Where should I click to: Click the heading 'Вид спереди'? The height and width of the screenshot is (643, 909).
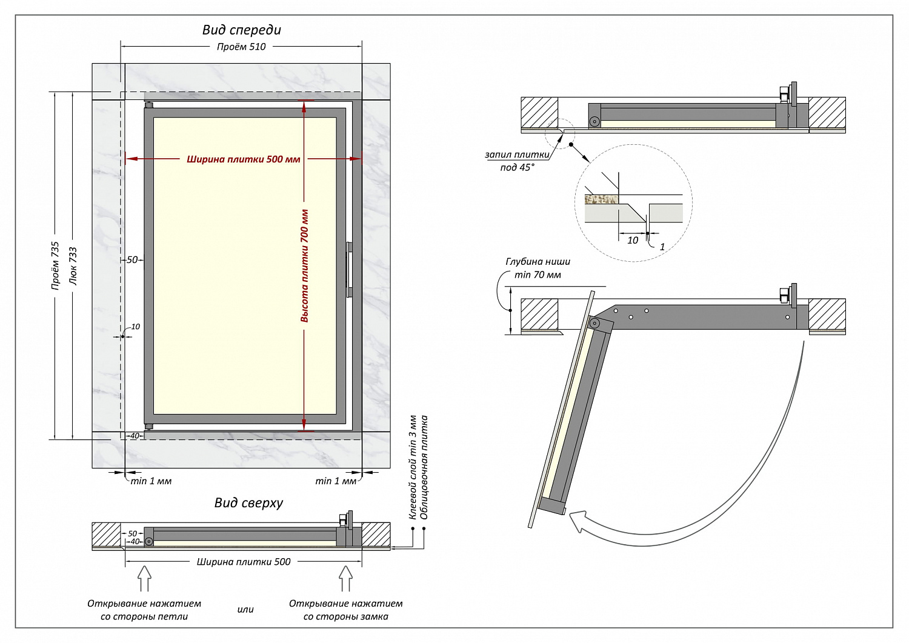tap(241, 30)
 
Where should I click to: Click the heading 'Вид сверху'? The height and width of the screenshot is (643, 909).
tap(248, 502)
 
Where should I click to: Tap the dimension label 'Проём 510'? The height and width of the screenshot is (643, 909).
tap(241, 47)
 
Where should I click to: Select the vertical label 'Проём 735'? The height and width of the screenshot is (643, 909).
tap(55, 265)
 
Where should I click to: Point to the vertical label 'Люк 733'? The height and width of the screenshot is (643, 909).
tap(73, 265)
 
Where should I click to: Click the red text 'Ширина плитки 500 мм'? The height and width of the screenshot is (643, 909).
tap(243, 159)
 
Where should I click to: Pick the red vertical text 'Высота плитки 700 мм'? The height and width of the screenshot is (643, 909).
tap(304, 265)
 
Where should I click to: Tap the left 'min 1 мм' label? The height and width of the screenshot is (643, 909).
tap(151, 481)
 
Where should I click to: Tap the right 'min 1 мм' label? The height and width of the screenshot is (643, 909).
tap(336, 481)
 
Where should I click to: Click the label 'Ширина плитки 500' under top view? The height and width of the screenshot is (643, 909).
tap(244, 562)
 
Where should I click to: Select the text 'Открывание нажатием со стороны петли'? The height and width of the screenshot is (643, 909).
tap(144, 610)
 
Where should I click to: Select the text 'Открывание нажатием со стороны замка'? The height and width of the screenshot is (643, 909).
tap(345, 610)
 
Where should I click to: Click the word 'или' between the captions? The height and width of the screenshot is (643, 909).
tap(245, 610)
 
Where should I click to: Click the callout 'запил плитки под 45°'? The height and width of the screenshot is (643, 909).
tap(517, 161)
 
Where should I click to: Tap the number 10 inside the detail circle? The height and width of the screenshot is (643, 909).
tap(633, 241)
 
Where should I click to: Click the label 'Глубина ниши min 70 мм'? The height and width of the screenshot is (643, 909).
tap(538, 268)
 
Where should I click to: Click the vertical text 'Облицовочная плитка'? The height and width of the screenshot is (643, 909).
tap(424, 467)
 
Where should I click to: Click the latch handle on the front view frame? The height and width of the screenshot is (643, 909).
tap(349, 270)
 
